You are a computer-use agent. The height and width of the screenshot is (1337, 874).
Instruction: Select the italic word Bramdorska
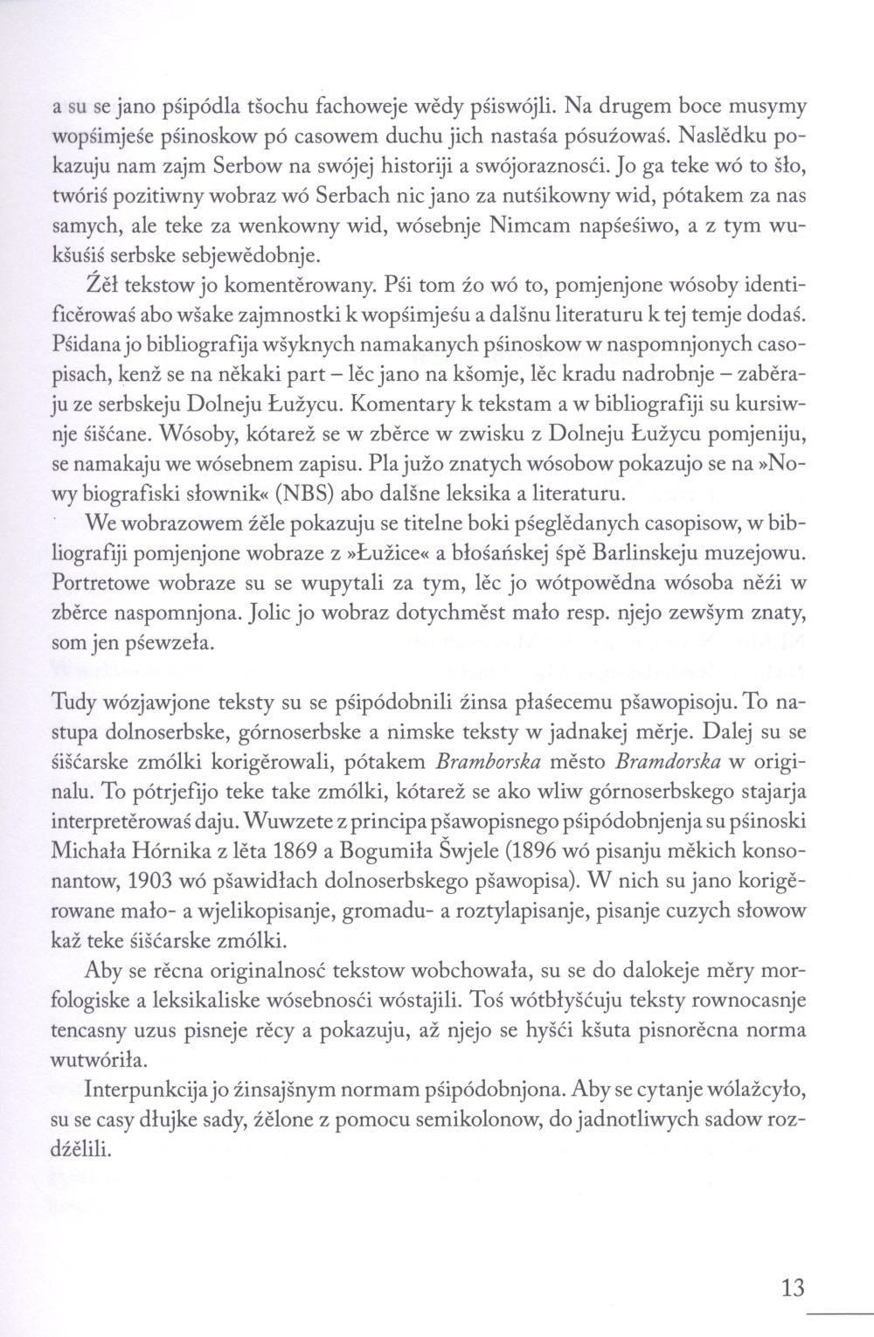point(669,759)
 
